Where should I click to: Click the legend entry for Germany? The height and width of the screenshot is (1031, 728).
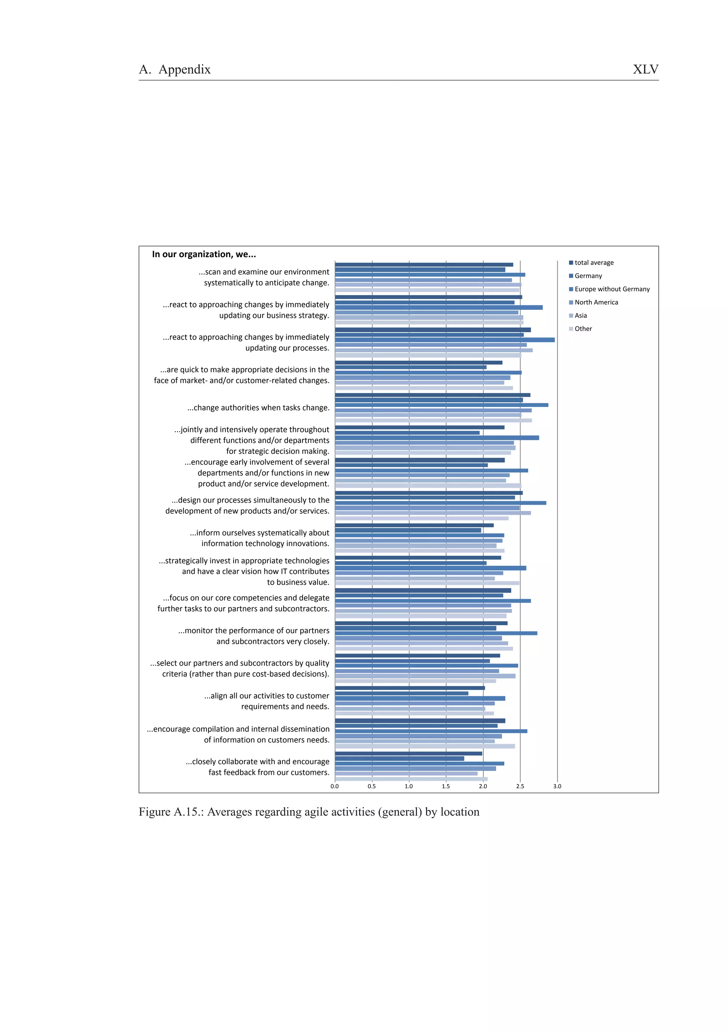pyautogui.click(x=588, y=276)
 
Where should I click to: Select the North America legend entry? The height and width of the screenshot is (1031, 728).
pyautogui.click(x=596, y=302)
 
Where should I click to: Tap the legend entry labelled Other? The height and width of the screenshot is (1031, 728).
pyautogui.click(x=583, y=329)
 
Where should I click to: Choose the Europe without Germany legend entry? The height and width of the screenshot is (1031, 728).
pyautogui.click(x=611, y=289)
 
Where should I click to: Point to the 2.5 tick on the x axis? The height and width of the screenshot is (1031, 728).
pyautogui.click(x=520, y=786)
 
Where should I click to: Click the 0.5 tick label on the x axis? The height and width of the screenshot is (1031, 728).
pyautogui.click(x=372, y=786)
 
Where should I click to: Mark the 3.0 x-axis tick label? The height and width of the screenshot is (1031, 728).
pyautogui.click(x=557, y=786)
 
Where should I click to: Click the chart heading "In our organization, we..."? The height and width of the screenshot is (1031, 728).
pyautogui.click(x=204, y=254)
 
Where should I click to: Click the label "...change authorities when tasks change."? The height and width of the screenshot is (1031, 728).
pyautogui.click(x=258, y=408)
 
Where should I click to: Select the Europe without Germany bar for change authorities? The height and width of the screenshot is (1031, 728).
pyautogui.click(x=441, y=405)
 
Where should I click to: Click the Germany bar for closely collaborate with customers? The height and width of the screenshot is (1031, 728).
pyautogui.click(x=399, y=758)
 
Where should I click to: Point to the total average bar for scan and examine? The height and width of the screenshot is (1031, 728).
pyautogui.click(x=424, y=264)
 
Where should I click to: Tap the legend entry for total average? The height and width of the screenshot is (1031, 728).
pyautogui.click(x=593, y=263)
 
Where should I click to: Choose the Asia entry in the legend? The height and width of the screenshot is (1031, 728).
pyautogui.click(x=580, y=316)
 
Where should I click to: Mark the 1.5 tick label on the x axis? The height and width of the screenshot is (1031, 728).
pyautogui.click(x=446, y=786)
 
